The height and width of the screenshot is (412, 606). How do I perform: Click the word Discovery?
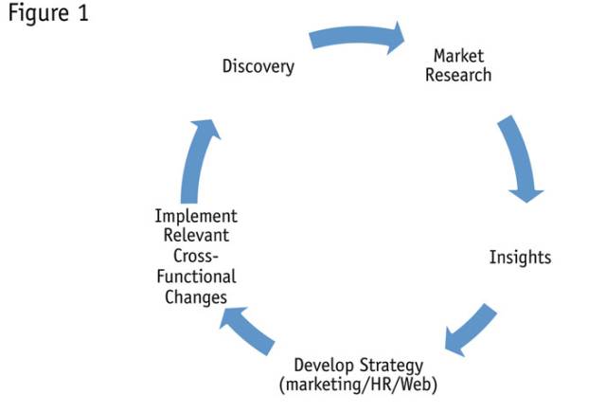(x=258, y=66)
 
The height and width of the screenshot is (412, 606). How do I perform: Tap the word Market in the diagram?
(x=458, y=56)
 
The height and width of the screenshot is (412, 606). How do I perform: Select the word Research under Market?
(x=458, y=74)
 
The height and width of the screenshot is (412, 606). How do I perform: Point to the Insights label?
(x=520, y=257)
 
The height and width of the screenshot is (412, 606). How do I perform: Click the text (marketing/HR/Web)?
(x=359, y=385)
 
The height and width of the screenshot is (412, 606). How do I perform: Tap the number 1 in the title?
(x=82, y=16)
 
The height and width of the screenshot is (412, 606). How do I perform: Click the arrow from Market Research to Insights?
(x=520, y=156)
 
